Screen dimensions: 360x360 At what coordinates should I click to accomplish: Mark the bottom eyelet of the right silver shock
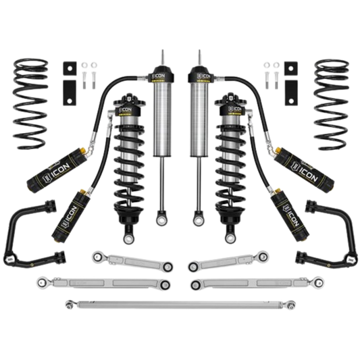pyautogui.click(x=199, y=220)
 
